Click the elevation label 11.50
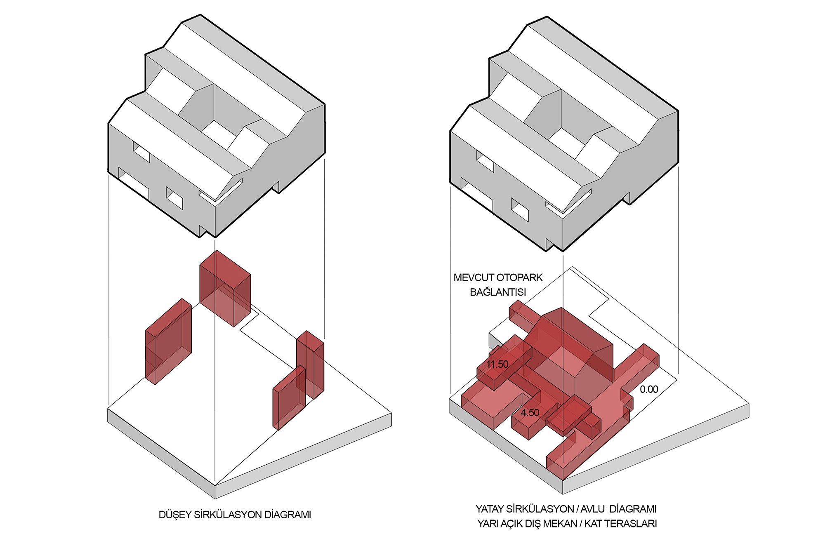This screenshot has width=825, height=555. pyautogui.click(x=497, y=364)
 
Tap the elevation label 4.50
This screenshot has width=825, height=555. pyautogui.click(x=530, y=413)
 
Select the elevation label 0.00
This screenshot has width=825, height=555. pyautogui.click(x=649, y=389)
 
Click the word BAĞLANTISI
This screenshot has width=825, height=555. pyautogui.click(x=498, y=292)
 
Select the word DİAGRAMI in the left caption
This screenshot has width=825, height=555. pyautogui.click(x=288, y=515)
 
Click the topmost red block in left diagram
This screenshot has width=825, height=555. pyautogui.click(x=225, y=288)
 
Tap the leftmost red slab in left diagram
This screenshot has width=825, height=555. pyautogui.click(x=168, y=341)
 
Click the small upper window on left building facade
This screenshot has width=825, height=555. pyautogui.click(x=141, y=152)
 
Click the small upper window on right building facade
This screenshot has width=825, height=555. pyautogui.click(x=485, y=161)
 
